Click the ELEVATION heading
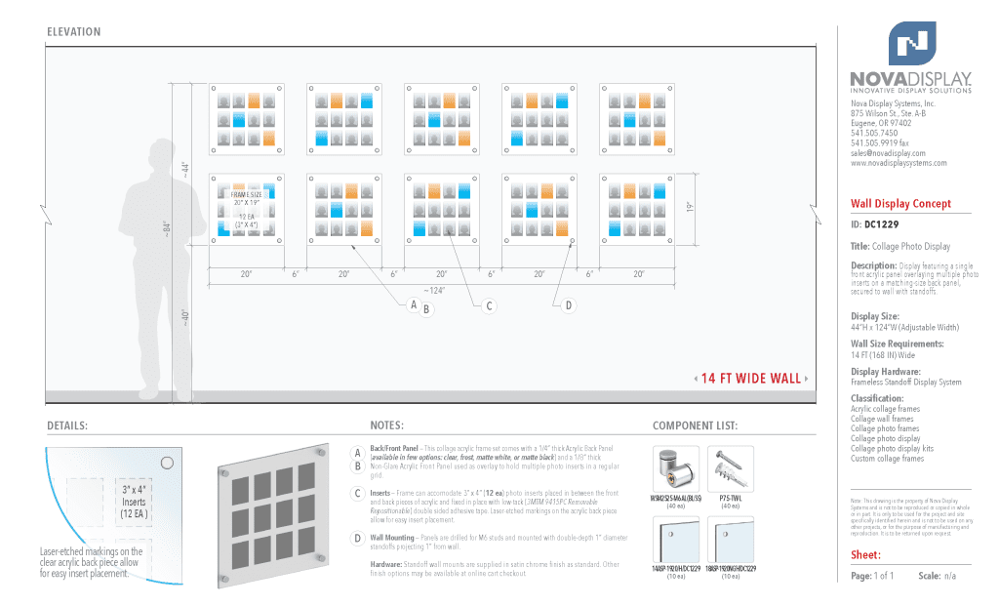coord(74,32)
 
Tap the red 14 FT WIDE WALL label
coord(750,379)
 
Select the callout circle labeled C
coord(490,306)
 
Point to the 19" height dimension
coord(689,209)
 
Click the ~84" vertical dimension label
coord(167,229)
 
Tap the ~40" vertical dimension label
coord(184,318)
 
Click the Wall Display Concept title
coord(899,204)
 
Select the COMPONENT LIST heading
coord(695,426)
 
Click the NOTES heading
coord(387,426)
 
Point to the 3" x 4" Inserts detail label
coord(134,501)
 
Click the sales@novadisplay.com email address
coord(888,153)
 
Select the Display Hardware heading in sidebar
coord(885,372)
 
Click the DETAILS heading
coord(67,426)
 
